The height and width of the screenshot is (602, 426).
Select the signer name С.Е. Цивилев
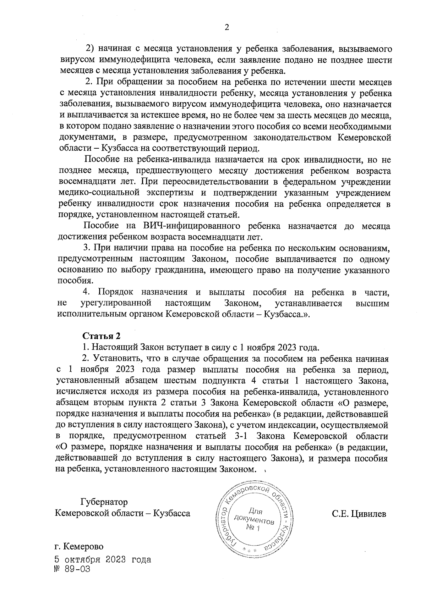tap(359, 514)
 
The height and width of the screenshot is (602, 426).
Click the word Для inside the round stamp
tap(255, 511)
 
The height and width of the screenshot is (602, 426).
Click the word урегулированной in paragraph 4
tap(116, 303)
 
